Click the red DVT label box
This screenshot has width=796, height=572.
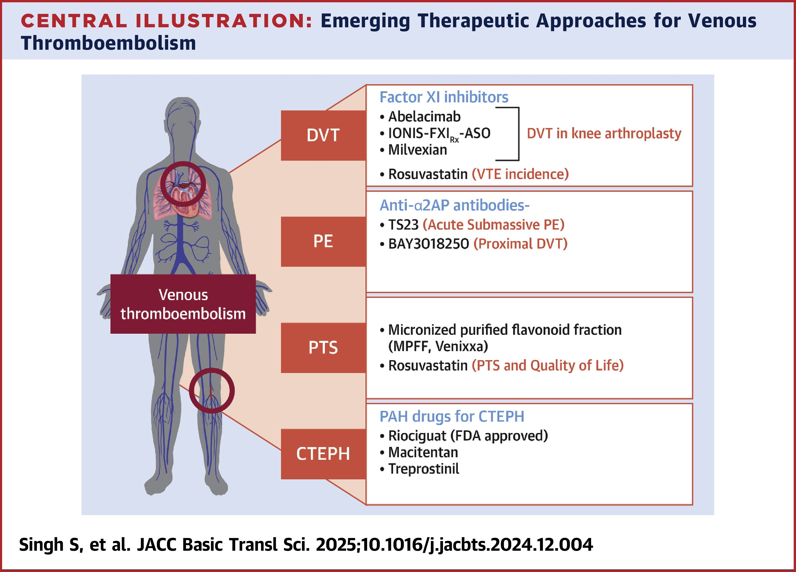coord(323,135)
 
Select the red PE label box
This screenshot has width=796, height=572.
coord(323,241)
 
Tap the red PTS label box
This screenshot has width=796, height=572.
coord(323,347)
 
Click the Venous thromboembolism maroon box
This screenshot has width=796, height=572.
coord(183,304)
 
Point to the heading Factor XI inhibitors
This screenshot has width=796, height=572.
coord(444,97)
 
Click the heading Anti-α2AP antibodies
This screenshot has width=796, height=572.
coord(455,205)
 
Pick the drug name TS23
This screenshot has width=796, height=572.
coord(403,225)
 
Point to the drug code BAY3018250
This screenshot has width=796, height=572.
coord(428,244)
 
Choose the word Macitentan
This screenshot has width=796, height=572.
coord(423,452)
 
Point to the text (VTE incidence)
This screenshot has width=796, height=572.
coord(520,174)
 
